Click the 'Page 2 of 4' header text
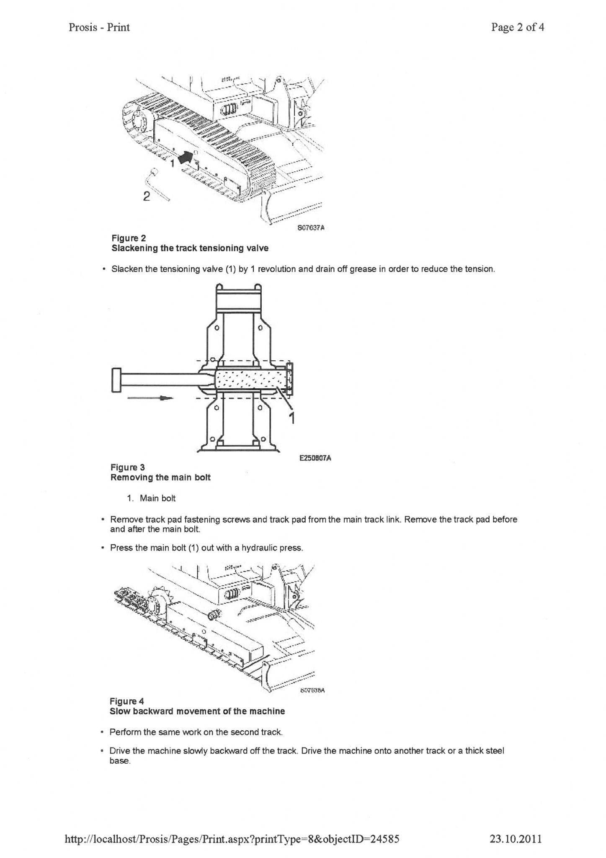pos(518,28)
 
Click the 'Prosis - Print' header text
pos(99,28)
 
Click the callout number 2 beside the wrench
pos(146,196)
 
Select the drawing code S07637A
pos(311,228)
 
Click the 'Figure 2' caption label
pos(128,238)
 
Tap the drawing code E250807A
pos(315,458)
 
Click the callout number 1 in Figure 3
pos(292,418)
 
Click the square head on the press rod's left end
pos(116,380)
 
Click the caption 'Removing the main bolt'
pos(160,478)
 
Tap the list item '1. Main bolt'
pos(152,498)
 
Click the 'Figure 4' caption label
pos(126,701)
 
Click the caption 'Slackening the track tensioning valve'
pos(190,248)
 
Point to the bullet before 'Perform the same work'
pos(102,732)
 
